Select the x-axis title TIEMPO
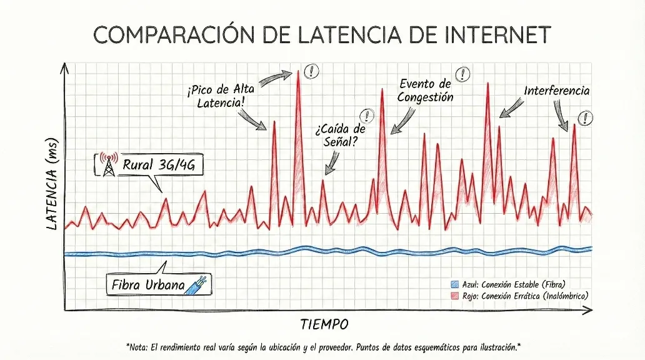tap(324, 324)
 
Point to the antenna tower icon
tap(108, 164)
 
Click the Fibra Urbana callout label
tap(147, 286)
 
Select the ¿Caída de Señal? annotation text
tap(340, 135)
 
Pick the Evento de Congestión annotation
tap(425, 90)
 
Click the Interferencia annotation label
tap(556, 91)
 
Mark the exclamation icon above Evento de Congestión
tap(463, 74)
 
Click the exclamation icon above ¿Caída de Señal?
tap(366, 116)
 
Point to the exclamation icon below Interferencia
tap(585, 117)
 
